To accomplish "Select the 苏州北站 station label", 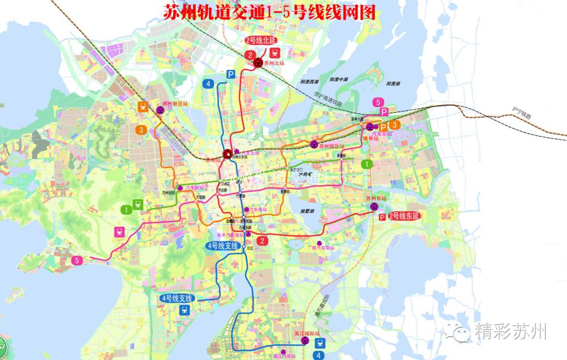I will [274, 63].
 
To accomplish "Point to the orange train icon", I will [143, 107].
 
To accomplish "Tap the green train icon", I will [137, 204].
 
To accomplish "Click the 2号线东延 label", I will [405, 217].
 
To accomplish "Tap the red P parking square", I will [382, 217].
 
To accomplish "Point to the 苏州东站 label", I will [375, 199].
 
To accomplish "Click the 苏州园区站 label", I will [332, 146].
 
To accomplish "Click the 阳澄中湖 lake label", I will [338, 80].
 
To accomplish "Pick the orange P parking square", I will [383, 127].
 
